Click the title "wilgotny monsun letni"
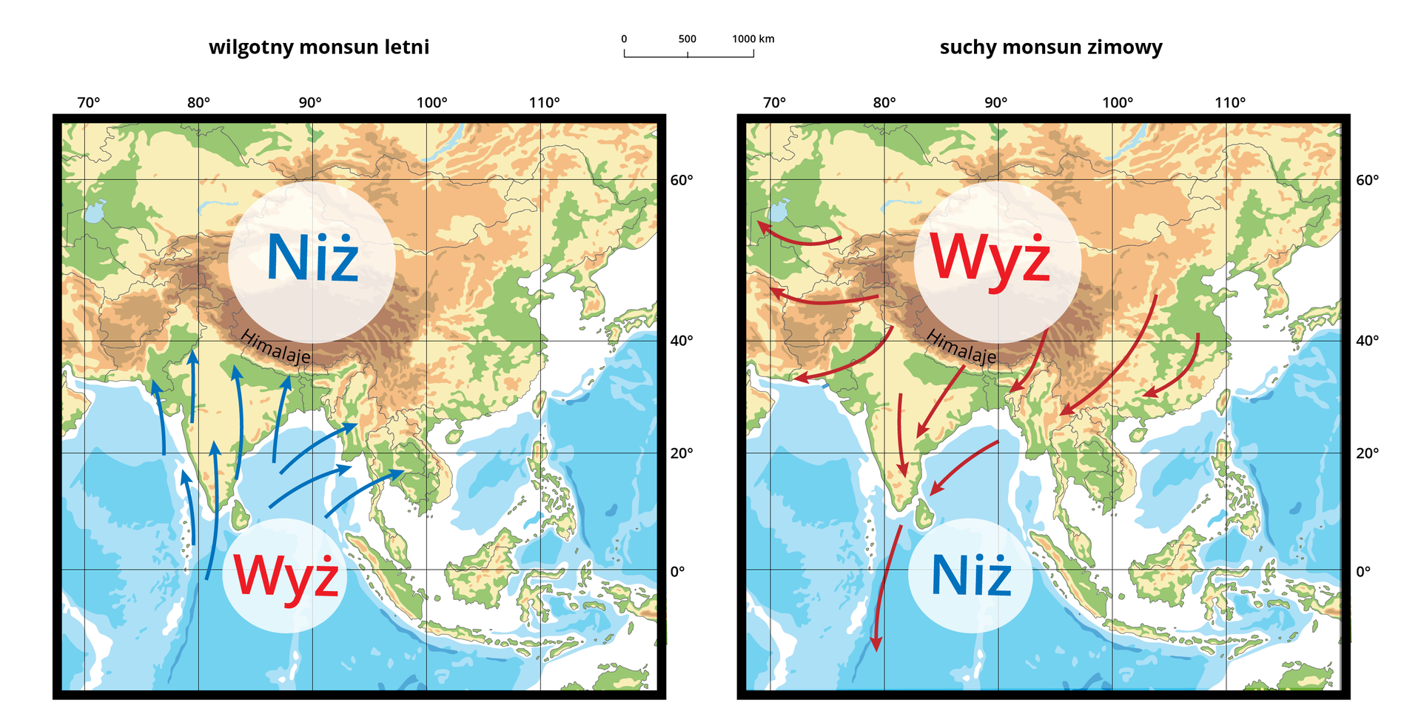(x=318, y=47)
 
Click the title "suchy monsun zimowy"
(x=1050, y=47)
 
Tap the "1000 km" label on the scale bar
(x=753, y=39)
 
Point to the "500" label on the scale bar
(x=687, y=39)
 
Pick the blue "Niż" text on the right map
(x=970, y=576)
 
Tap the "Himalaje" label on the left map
(x=275, y=347)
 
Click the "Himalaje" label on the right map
(x=961, y=347)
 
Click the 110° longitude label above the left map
(x=544, y=103)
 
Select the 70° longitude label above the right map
(x=774, y=103)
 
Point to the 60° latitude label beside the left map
(x=681, y=180)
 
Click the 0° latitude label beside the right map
(x=1363, y=571)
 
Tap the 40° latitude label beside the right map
(x=1367, y=341)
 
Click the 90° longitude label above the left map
(x=310, y=103)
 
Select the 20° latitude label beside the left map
(x=681, y=453)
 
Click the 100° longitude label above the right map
(x=1117, y=103)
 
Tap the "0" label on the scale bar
(x=624, y=39)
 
